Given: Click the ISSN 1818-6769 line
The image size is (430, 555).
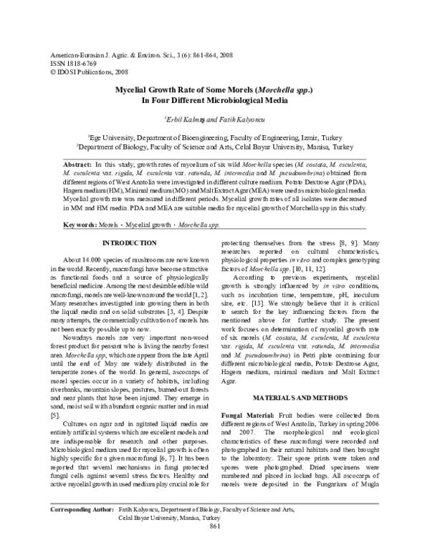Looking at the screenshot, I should pos(70,62).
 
